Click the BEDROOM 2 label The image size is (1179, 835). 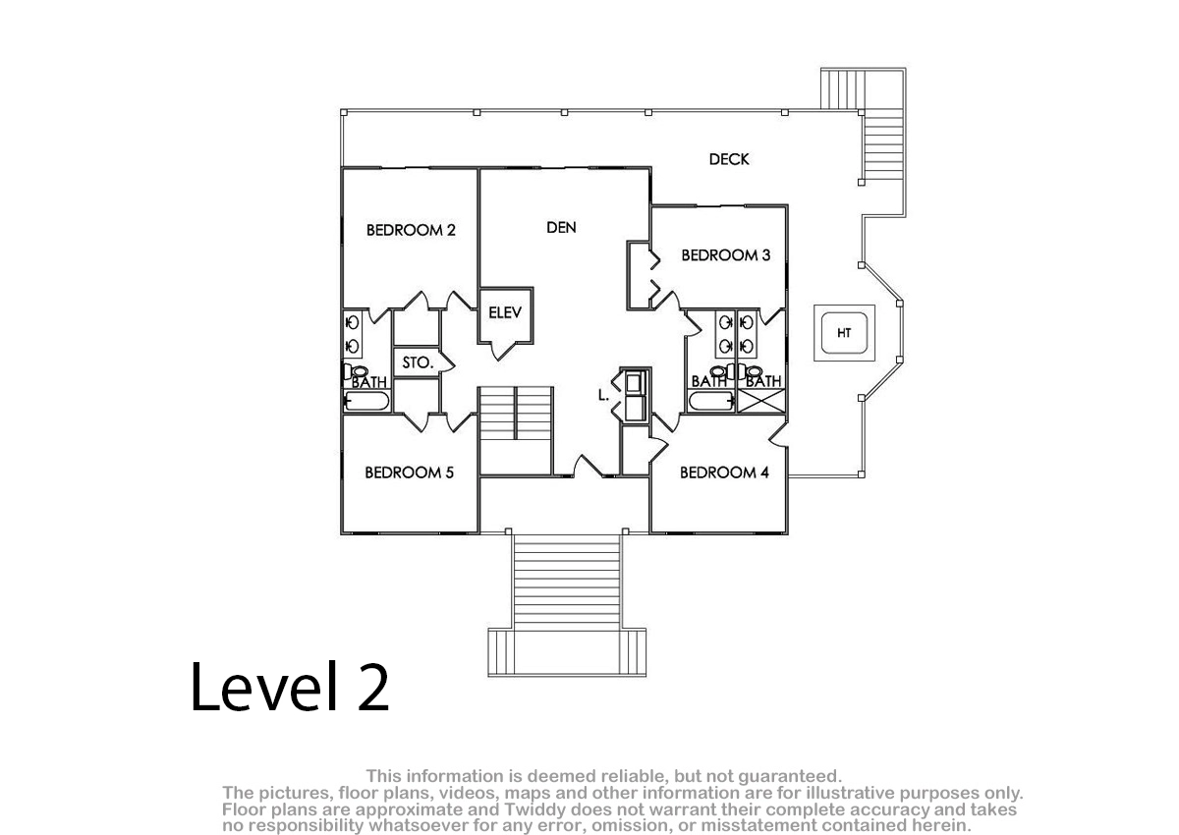[411, 230]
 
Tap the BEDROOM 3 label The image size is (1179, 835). [726, 255]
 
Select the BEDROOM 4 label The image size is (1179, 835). [724, 473]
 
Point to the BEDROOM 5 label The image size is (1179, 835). [409, 473]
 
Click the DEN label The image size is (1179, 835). [562, 227]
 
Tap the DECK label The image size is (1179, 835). [729, 159]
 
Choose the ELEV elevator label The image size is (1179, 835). [505, 312]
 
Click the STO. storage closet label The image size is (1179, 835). [418, 362]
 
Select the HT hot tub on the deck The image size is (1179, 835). [844, 333]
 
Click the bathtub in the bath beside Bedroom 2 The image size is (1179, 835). [366, 402]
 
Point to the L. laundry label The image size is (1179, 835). [603, 395]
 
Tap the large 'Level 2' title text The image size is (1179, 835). [290, 687]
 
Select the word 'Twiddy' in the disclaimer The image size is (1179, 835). [541, 809]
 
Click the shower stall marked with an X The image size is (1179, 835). [761, 401]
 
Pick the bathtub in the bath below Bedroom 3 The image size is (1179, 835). [711, 402]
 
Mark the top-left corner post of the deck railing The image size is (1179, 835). [344, 112]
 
